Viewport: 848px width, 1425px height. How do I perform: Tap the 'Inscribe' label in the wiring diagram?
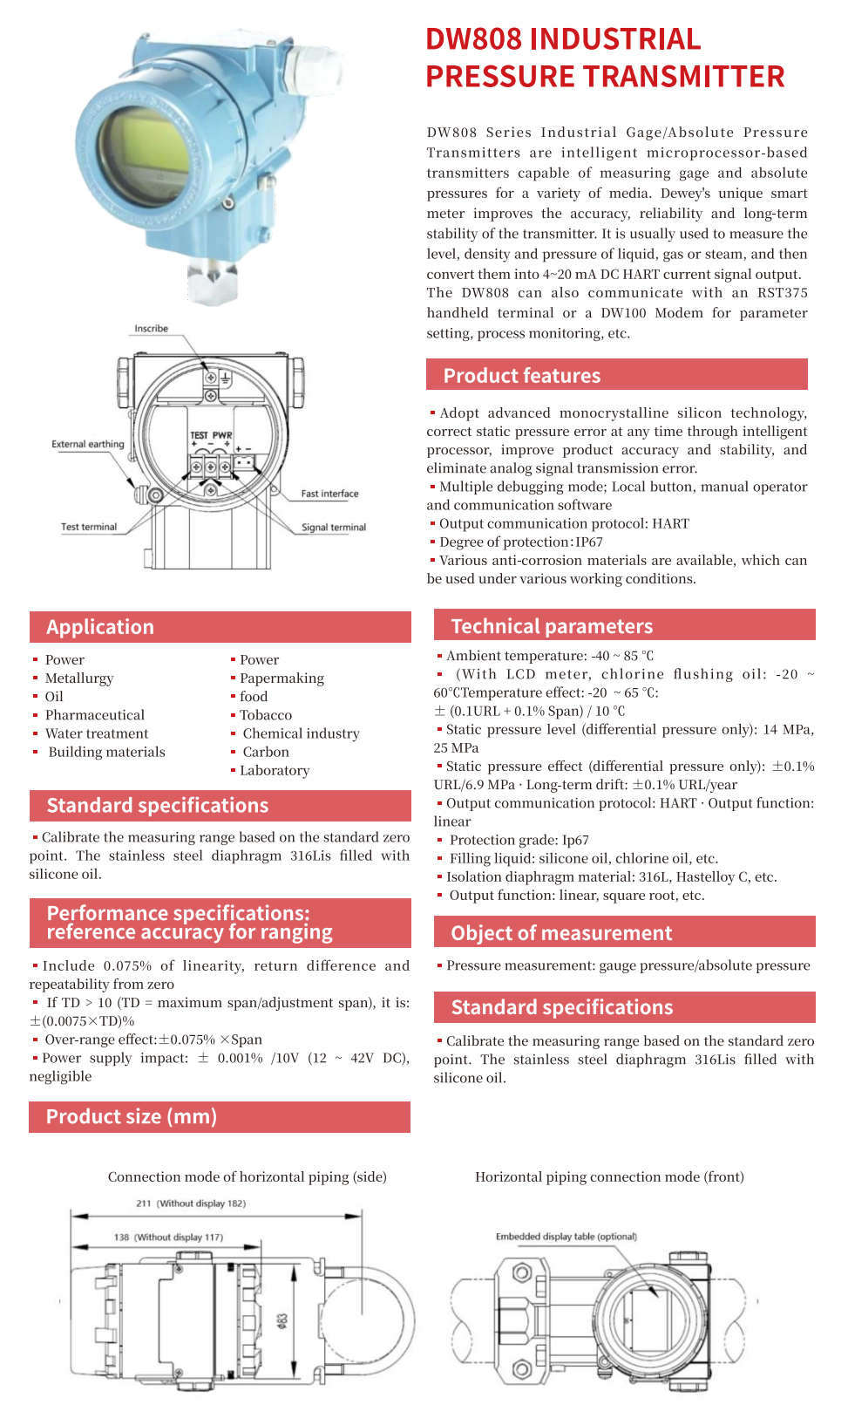point(151,329)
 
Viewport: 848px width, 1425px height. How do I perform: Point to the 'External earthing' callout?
point(87,444)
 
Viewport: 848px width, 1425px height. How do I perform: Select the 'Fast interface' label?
point(329,494)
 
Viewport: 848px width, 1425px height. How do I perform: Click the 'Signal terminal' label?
point(333,528)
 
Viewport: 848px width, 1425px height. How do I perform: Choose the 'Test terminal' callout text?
point(88,527)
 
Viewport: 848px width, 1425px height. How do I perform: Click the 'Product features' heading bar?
point(616,375)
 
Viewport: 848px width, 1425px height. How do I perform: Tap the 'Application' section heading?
point(220,627)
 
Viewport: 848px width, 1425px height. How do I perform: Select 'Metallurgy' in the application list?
point(79,678)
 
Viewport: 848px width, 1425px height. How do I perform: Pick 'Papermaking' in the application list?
point(282,678)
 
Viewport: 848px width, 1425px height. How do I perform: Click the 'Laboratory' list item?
point(275,771)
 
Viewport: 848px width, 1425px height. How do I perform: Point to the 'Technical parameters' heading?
point(624,625)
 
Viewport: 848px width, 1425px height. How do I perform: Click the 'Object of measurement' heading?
point(624,932)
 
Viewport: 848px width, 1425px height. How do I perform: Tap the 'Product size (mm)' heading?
point(219,1116)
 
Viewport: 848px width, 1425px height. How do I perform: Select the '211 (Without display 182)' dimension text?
point(191,1203)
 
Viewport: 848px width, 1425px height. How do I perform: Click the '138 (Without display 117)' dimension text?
point(168,1237)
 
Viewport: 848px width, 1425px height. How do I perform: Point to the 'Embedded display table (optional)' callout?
point(566,1237)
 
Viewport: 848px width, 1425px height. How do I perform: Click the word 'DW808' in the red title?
point(473,39)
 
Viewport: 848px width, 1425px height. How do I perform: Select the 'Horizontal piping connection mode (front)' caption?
point(609,1177)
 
